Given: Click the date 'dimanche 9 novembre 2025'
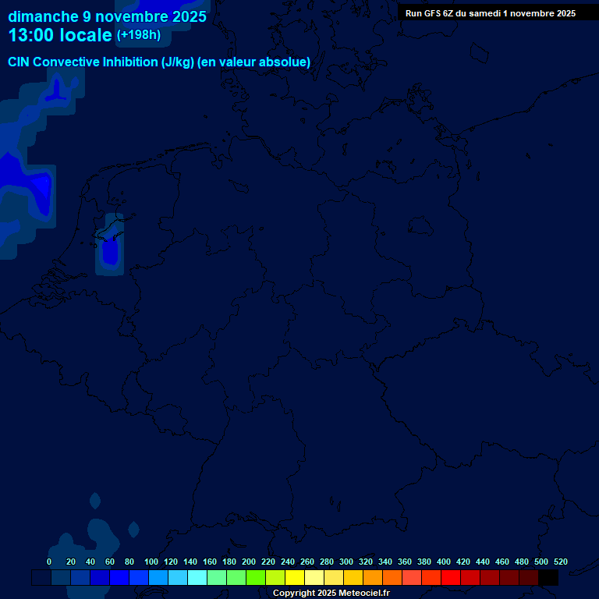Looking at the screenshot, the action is [x=108, y=16].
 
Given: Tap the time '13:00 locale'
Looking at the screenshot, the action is [x=60, y=35].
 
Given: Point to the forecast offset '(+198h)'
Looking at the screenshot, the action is [x=138, y=34].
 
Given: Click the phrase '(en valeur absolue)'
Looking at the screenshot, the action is [x=254, y=62].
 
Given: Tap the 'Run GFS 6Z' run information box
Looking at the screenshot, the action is [x=491, y=13].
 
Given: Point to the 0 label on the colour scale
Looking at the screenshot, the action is [x=49, y=562].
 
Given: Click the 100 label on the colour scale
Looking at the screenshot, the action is [x=151, y=562].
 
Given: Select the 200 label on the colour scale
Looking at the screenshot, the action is [x=249, y=562].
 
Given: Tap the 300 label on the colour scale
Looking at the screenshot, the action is [x=346, y=562].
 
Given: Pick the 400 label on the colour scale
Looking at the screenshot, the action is [x=444, y=562].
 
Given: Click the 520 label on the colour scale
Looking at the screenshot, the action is [x=560, y=562].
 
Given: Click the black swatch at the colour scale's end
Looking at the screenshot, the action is [x=548, y=578].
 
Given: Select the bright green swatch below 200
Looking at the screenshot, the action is [x=256, y=578].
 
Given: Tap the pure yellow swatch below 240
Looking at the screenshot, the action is [x=295, y=578].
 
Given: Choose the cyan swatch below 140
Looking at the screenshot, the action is [x=197, y=578].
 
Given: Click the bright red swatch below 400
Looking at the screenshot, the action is [x=451, y=578].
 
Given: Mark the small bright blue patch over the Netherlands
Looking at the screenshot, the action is [x=110, y=251].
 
